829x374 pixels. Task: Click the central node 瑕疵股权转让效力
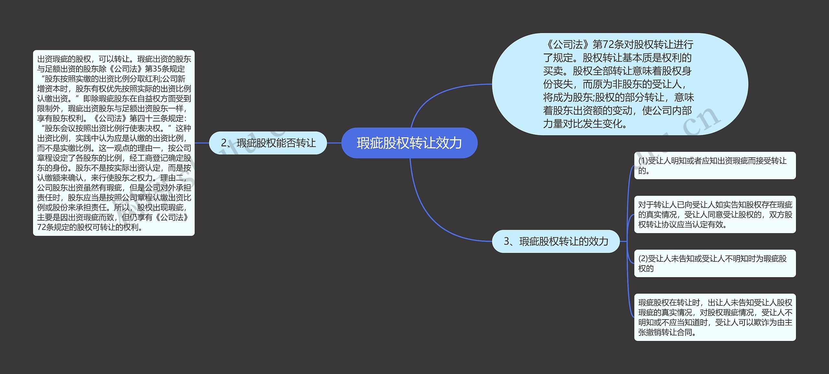(x=409, y=143)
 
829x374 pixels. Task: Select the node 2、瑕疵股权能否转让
(x=268, y=143)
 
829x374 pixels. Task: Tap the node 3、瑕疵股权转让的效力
(x=556, y=242)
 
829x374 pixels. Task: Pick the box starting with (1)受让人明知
(x=714, y=165)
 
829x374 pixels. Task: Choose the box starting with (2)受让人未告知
(x=714, y=263)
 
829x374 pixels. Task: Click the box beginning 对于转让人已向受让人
(x=714, y=214)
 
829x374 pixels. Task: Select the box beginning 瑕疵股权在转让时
(x=714, y=317)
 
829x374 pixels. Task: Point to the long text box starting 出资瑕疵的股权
(x=114, y=143)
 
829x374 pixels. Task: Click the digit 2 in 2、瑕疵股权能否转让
(x=224, y=143)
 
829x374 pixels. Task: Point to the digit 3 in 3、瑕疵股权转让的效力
(x=507, y=242)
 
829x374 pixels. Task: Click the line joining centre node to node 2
(x=334, y=143)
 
